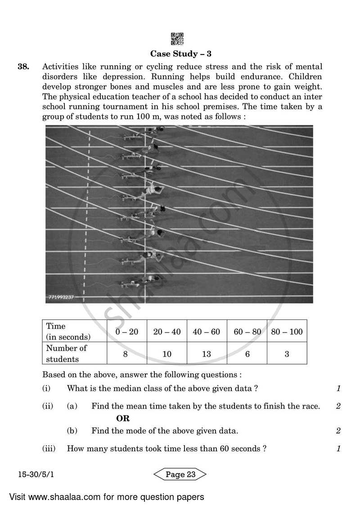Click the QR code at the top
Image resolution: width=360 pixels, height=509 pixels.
point(178,39)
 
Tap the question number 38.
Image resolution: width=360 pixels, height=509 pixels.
point(23,67)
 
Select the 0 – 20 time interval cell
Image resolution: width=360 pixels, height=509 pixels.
point(126,332)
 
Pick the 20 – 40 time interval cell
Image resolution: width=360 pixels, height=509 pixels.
point(167,332)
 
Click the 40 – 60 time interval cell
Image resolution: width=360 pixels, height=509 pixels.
point(207,332)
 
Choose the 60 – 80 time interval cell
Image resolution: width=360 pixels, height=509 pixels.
point(247,332)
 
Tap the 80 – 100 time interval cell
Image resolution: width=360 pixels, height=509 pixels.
point(287,332)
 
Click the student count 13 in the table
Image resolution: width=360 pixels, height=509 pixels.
point(207,354)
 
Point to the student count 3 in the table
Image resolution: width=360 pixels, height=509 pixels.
point(287,354)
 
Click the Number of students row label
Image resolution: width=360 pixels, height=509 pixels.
point(67,353)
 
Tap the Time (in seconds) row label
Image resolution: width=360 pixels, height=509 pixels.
point(68,331)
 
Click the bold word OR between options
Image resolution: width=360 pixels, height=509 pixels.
point(123,419)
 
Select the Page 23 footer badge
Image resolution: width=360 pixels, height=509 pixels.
point(180,474)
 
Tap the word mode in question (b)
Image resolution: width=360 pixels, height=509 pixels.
point(143,431)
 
